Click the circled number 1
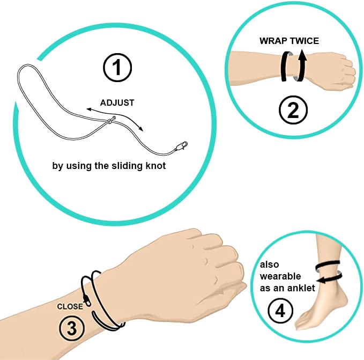(117, 68)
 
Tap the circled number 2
(293, 110)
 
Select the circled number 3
(71, 328)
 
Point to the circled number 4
(280, 311)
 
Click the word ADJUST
(117, 103)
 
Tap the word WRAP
(273, 41)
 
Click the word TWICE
(304, 41)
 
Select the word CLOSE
(70, 306)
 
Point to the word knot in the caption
(155, 166)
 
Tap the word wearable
(280, 276)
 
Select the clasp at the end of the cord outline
(181, 146)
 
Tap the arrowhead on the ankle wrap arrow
(321, 281)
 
